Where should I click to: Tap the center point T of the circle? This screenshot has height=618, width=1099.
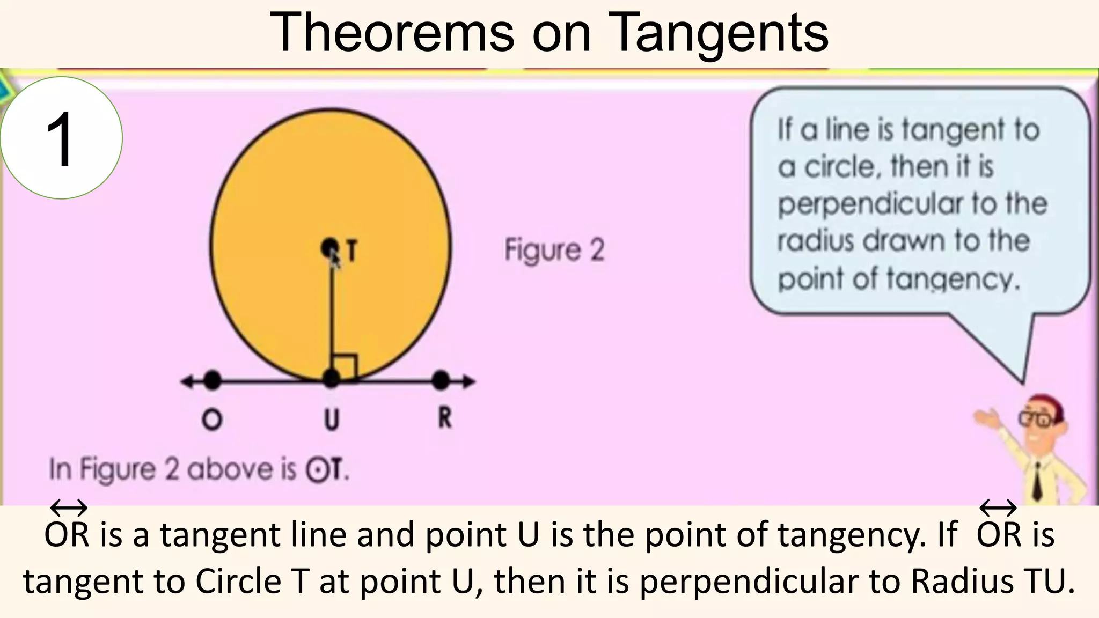(329, 248)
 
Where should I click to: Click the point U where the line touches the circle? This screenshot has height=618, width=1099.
(332, 379)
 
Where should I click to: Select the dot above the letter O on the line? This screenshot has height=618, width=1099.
(213, 380)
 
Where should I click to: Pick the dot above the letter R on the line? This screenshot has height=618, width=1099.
(441, 380)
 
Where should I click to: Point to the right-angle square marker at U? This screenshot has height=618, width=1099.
(345, 366)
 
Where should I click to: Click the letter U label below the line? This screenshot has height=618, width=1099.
(332, 419)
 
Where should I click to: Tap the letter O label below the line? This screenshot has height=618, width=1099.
(211, 420)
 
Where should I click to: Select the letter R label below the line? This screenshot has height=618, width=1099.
(445, 418)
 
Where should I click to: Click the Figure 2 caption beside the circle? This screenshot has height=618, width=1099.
(554, 251)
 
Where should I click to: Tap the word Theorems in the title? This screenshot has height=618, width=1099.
(392, 33)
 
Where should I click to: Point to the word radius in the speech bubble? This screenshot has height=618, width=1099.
(815, 240)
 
